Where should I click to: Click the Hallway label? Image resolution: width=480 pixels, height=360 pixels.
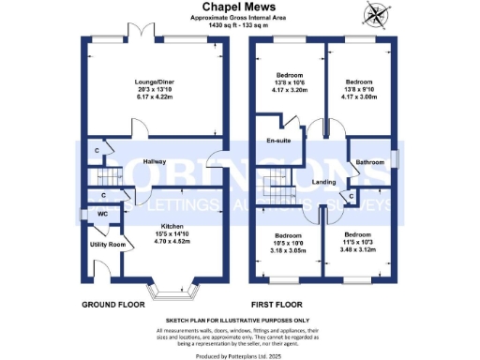click(155, 162)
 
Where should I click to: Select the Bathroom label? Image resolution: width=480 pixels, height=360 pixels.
click(370, 162)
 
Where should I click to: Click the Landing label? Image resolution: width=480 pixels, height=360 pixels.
click(324, 181)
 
